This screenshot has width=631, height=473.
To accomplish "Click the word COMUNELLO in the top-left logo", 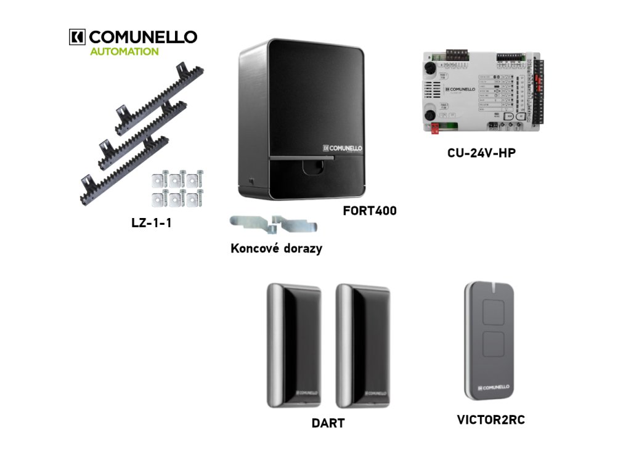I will (x=144, y=37).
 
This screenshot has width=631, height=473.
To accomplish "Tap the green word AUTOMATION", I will (x=124, y=52).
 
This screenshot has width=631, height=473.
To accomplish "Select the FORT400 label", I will (x=370, y=211).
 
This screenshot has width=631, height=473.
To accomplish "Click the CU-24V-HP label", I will (x=481, y=152).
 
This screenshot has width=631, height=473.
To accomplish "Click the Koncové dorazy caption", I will (x=276, y=249).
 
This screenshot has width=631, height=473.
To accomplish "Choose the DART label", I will (x=328, y=423).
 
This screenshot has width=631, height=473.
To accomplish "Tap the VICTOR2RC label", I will (x=491, y=420).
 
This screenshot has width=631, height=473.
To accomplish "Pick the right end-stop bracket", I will (x=296, y=225).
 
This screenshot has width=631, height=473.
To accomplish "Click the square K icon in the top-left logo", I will (x=78, y=37).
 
